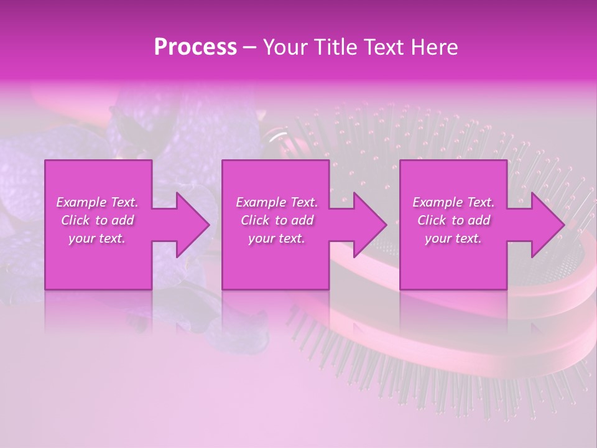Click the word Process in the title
point(195,47)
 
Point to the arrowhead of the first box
point(193,225)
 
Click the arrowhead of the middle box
point(370,225)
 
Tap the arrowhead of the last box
point(548,225)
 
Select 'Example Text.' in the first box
point(98,202)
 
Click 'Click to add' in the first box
point(98,220)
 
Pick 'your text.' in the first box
point(98,238)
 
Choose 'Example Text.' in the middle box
point(277,202)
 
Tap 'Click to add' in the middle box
point(277,220)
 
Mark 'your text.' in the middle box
point(277,238)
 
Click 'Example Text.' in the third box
point(453,202)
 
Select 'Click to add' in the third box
point(453,220)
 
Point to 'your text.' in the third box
point(453,238)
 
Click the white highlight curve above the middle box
point(279,136)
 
